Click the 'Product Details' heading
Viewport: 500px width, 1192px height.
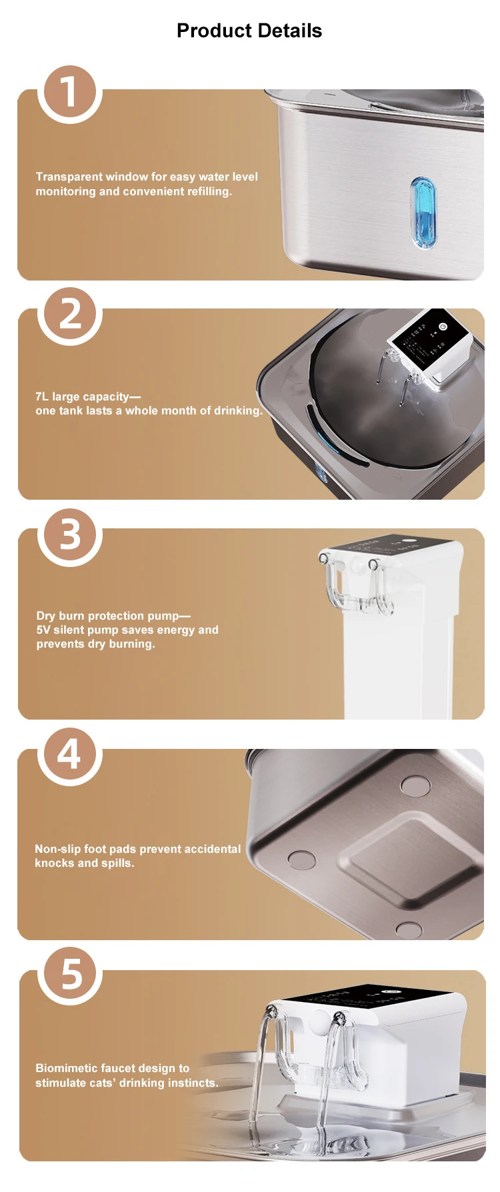pos(249,31)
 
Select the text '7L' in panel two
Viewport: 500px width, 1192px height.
pos(42,396)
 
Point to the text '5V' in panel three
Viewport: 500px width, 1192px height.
pos(43,630)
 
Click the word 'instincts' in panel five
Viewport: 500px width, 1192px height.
pos(193,1083)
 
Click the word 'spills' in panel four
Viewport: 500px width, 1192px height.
pos(117,864)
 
